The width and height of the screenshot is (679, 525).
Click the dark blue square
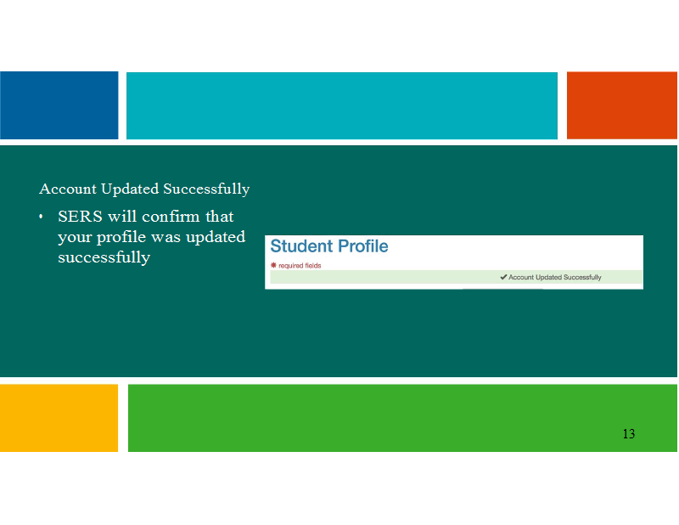click(x=59, y=105)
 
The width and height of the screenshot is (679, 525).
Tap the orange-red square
click(x=622, y=105)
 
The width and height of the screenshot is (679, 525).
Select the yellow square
click(x=59, y=418)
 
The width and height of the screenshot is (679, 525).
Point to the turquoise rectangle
click(x=342, y=106)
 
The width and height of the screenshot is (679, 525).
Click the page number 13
click(x=629, y=433)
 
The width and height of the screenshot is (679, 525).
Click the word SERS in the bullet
click(x=80, y=217)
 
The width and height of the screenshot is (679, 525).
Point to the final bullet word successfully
click(x=104, y=257)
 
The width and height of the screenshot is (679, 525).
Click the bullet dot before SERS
click(x=41, y=217)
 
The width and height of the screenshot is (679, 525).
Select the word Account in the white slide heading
click(x=68, y=189)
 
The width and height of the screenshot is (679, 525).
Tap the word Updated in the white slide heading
click(x=130, y=189)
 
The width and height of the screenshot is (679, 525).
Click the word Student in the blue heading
click(x=302, y=246)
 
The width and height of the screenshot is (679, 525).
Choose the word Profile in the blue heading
click(x=363, y=246)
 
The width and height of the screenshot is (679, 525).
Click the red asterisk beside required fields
click(x=273, y=265)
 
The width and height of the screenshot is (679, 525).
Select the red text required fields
click(x=300, y=266)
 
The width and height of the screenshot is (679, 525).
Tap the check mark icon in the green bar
click(x=503, y=277)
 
